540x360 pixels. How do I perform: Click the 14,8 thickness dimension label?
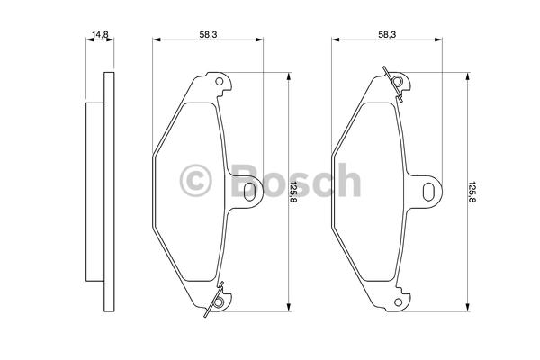tap(100, 34)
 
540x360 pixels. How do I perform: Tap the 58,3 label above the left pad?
tap(208, 34)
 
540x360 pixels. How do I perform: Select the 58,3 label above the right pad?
tap(387, 34)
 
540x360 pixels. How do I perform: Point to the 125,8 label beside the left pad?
tap(293, 192)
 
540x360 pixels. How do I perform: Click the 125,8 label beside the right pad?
tap(472, 192)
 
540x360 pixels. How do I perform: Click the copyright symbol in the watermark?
tap(195, 181)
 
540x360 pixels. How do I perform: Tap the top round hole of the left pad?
tap(219, 82)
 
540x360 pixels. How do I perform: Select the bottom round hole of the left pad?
tap(219, 302)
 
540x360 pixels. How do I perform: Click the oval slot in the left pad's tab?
tap(249, 192)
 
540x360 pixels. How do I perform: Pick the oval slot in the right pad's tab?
tap(428, 192)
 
